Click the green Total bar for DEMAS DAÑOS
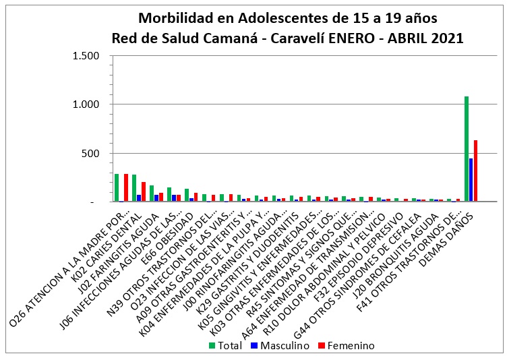click(x=466, y=148)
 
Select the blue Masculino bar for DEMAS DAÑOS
click(x=471, y=179)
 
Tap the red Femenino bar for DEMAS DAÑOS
click(x=475, y=171)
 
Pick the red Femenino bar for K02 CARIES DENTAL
click(x=144, y=191)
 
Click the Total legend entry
click(x=227, y=346)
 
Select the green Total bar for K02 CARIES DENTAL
click(x=134, y=188)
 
